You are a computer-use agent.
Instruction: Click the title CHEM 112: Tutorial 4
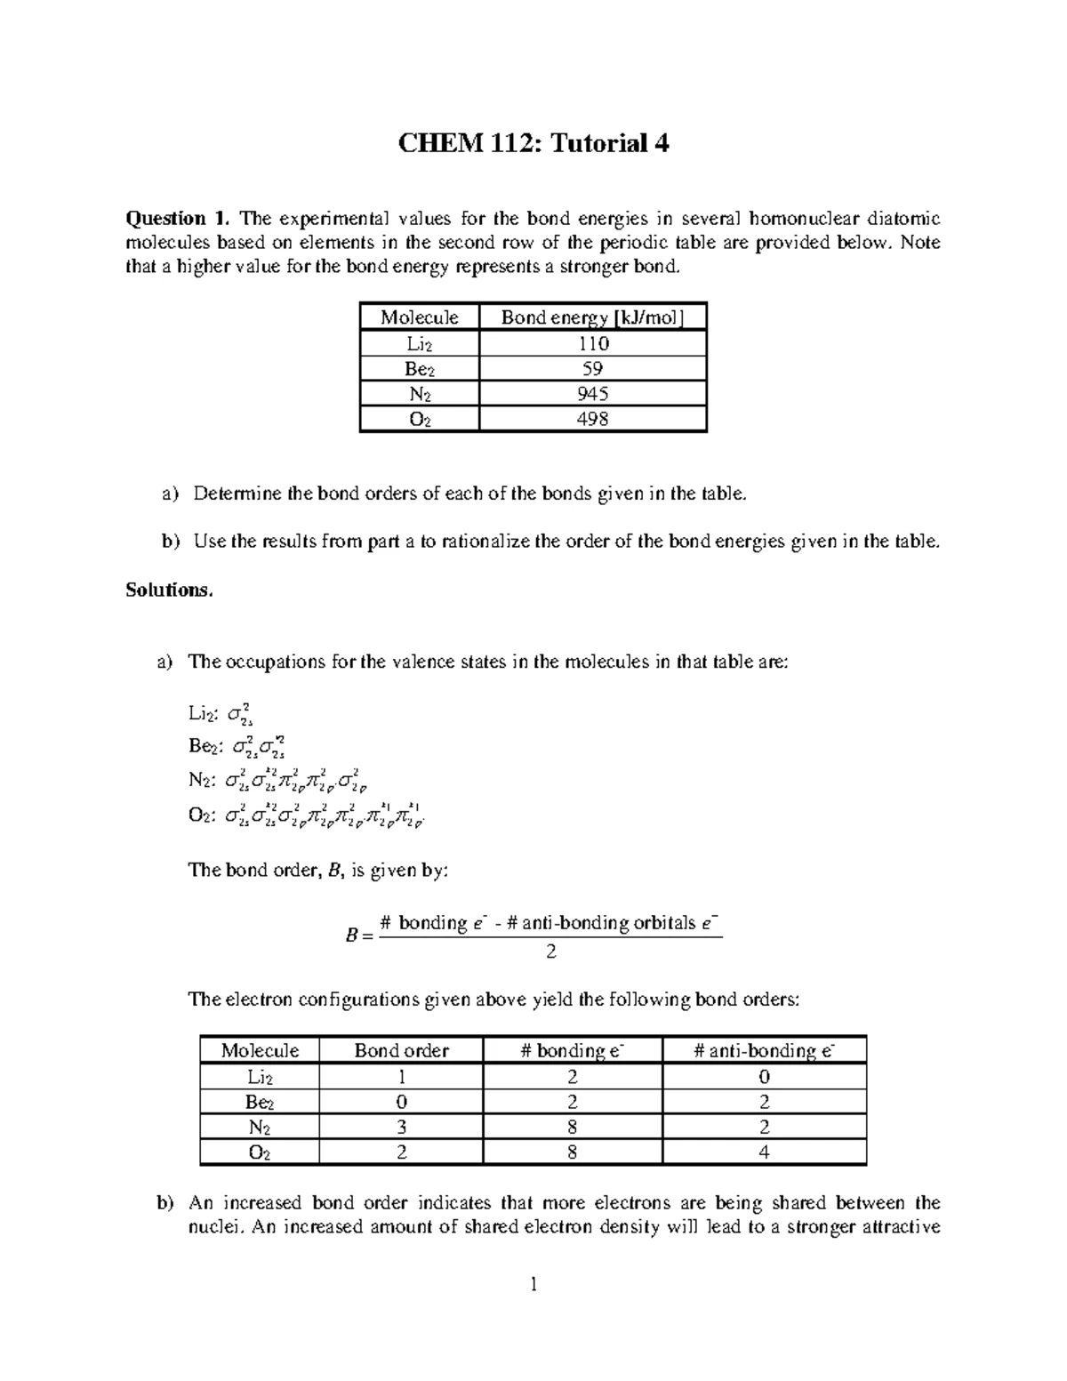tap(533, 143)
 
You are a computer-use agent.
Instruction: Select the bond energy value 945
tap(592, 394)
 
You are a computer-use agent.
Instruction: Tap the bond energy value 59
tap(592, 369)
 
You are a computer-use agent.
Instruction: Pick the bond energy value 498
tap(592, 419)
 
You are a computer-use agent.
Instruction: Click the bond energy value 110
tap(592, 344)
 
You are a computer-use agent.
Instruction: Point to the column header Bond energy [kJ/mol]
tap(592, 317)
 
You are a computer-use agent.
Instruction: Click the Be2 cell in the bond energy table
tap(419, 369)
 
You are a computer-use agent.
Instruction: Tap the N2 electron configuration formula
tap(298, 781)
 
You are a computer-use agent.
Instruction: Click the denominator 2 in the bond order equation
tap(551, 952)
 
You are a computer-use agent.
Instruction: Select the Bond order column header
tap(401, 1051)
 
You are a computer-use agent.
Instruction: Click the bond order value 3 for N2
tap(401, 1128)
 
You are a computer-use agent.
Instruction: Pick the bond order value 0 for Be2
tap(401, 1103)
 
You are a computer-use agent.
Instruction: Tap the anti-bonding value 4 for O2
tap(764, 1153)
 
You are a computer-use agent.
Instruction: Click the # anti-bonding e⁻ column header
tap(764, 1051)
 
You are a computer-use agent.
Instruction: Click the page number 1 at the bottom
tap(533, 1284)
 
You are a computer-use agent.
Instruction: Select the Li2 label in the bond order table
tap(260, 1077)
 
